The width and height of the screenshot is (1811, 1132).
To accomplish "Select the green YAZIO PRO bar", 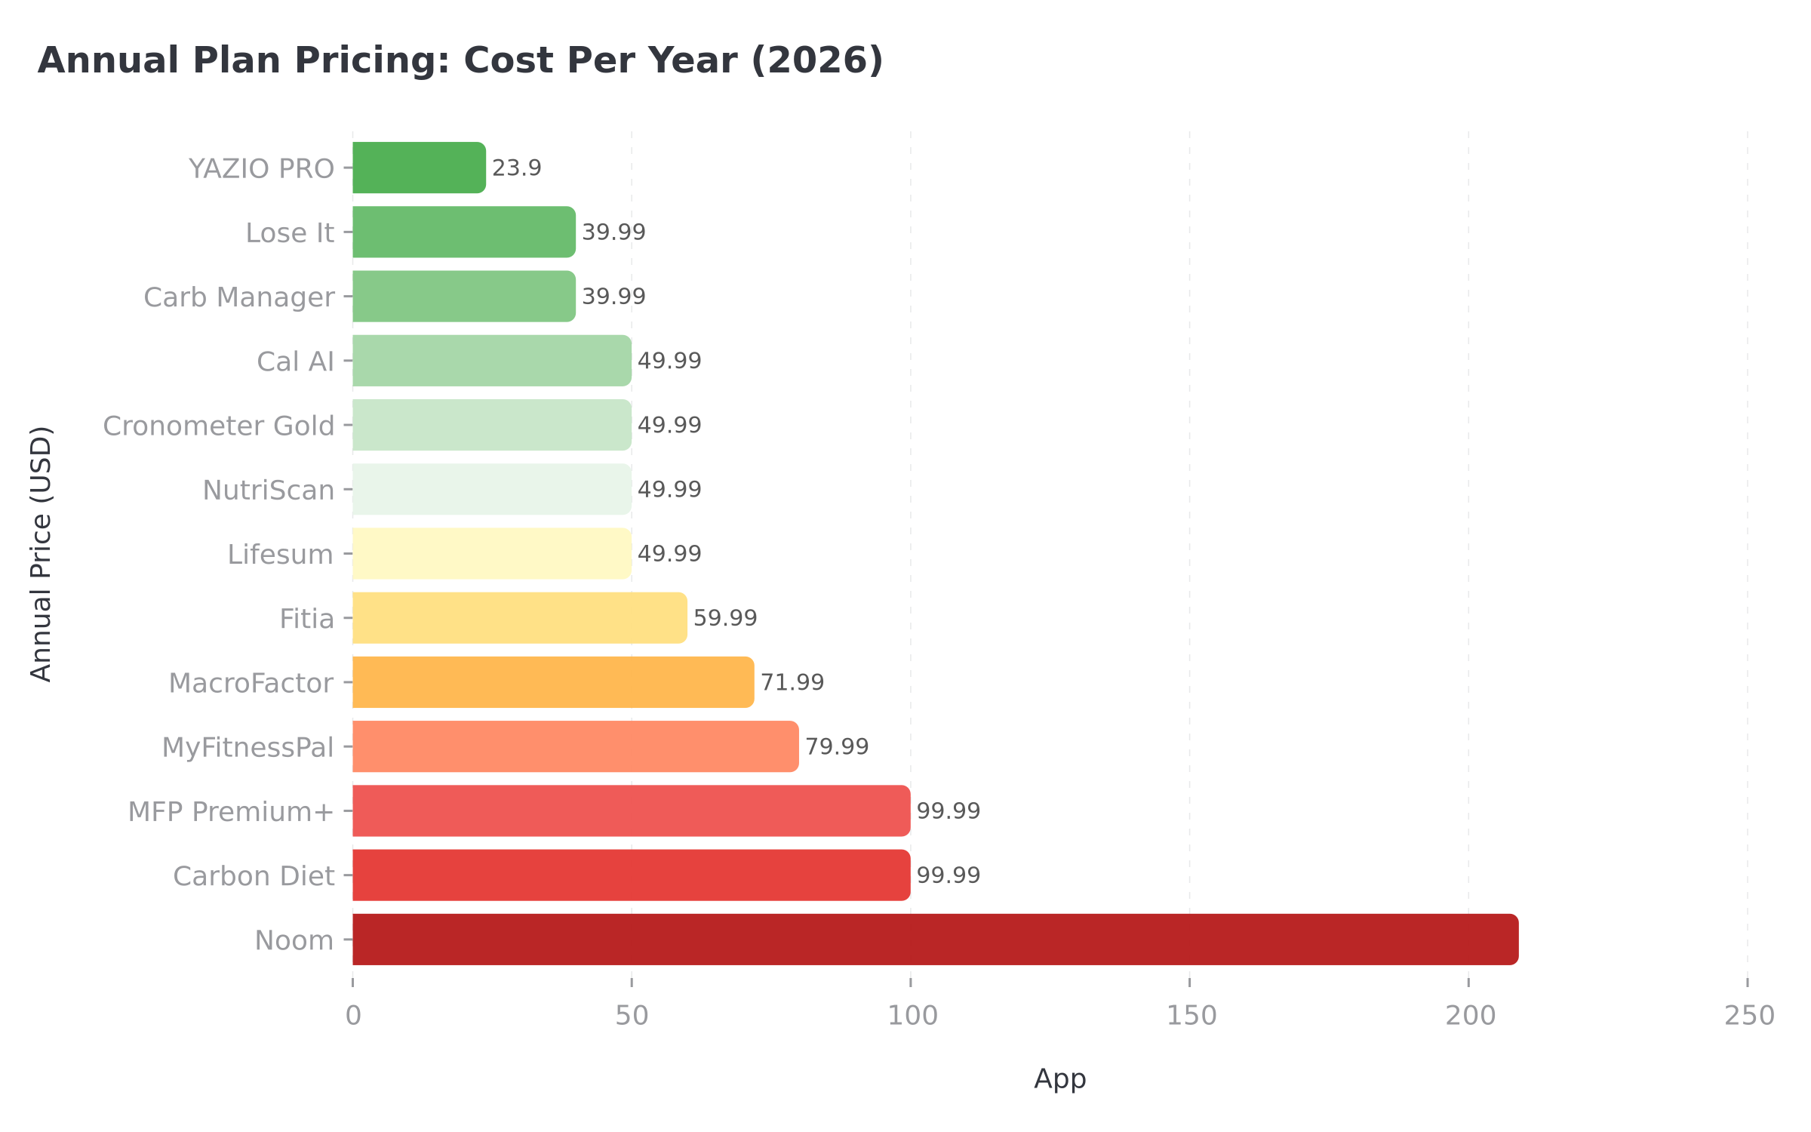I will coord(419,168).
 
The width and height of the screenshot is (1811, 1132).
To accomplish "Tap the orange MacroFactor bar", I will coord(553,682).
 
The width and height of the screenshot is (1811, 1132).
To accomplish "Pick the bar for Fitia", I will coord(519,618).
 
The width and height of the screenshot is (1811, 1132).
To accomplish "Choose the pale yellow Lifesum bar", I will coord(491,554).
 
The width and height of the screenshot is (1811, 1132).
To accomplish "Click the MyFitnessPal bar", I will coord(575,746).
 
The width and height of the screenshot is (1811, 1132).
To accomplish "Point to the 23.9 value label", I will coord(517,168).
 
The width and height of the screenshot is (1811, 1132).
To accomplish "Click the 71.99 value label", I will coord(792,682).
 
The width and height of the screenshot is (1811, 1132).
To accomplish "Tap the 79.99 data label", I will coord(836,746).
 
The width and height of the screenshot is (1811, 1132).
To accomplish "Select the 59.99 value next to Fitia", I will coord(724,618).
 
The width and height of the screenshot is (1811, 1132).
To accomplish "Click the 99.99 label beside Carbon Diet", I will coord(948,875).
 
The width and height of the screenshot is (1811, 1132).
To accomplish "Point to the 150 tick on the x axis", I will coord(1191,1017).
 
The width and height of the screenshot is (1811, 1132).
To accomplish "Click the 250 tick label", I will coord(1748,1017).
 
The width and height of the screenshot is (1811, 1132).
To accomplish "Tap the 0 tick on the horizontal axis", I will coord(353,1017).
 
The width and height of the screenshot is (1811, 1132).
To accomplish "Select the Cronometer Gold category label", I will coord(219,426).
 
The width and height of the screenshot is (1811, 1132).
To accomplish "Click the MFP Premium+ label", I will coord(231,811).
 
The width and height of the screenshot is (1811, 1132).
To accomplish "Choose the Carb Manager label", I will coord(239,297).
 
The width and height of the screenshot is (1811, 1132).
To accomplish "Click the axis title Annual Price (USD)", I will coord(42,554).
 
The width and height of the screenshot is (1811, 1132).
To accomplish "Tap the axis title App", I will coord(1059,1078).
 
